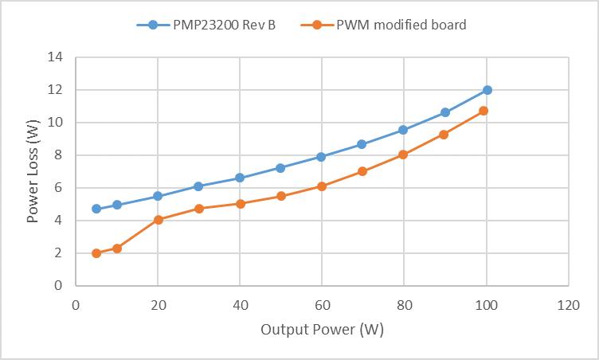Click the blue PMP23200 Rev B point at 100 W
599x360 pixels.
487,90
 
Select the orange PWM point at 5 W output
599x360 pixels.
96,253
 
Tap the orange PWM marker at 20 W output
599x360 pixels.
158,220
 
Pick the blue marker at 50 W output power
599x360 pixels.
280,168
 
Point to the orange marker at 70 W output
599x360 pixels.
362,171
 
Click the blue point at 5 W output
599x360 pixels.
96,209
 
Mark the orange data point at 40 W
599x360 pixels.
240,203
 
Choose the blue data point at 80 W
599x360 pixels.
403,130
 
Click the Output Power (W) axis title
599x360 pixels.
322,330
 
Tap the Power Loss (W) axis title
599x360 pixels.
33,171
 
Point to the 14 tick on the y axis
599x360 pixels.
57,57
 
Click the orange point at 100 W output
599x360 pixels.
484,111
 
